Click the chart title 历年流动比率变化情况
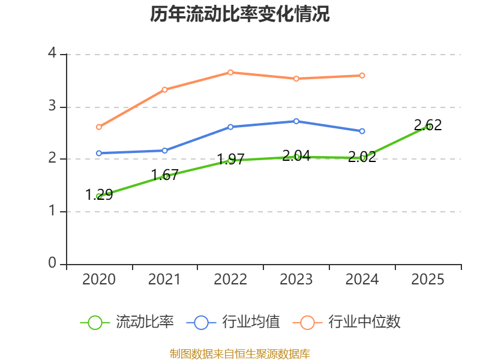pos(240,14)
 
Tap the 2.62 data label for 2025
pos(428,125)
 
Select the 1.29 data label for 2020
pos(99,194)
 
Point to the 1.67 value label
pos(164,175)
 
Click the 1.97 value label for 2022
pos(230,159)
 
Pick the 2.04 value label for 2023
pos(296,155)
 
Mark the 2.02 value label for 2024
pos(362,157)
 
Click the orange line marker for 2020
pos(99,127)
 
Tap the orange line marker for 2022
pos(230,72)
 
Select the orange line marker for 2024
pos(362,76)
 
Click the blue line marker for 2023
pos(296,121)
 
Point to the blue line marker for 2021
pos(165,151)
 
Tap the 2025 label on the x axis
pos(428,280)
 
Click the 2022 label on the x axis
pos(230,280)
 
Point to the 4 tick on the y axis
pos(52,54)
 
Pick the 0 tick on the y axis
pos(52,263)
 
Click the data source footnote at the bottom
pos(240,353)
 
